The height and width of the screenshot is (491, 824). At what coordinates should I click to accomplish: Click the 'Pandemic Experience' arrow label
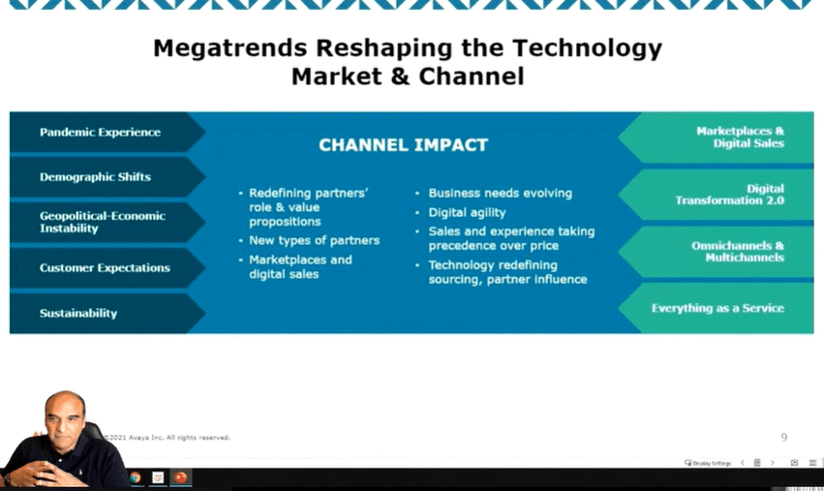(100, 132)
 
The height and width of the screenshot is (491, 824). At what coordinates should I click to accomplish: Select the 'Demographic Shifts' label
(95, 176)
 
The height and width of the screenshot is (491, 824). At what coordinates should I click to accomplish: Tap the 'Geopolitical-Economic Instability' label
(103, 222)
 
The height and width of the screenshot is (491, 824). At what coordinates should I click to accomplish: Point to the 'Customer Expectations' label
(105, 267)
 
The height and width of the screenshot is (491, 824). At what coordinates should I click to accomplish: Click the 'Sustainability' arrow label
(78, 314)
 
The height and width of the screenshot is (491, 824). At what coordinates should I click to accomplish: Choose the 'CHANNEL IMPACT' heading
(404, 145)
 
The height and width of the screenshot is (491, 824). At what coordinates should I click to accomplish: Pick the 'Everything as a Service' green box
(717, 308)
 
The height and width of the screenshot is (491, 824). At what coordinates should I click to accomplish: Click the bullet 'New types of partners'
(315, 240)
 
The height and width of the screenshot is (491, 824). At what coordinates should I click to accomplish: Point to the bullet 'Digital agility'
(467, 212)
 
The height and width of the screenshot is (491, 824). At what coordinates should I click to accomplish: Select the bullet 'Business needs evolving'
(500, 193)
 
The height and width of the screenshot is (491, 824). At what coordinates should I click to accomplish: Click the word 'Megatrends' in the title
(229, 48)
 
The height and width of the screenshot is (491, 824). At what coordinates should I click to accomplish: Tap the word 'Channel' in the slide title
(472, 77)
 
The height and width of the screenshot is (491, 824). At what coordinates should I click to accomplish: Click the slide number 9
(784, 437)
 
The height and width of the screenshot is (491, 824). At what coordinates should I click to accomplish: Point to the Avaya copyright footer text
(168, 438)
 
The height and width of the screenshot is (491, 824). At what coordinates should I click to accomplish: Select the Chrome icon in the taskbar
(135, 477)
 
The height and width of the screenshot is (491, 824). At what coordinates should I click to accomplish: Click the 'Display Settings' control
(708, 463)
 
